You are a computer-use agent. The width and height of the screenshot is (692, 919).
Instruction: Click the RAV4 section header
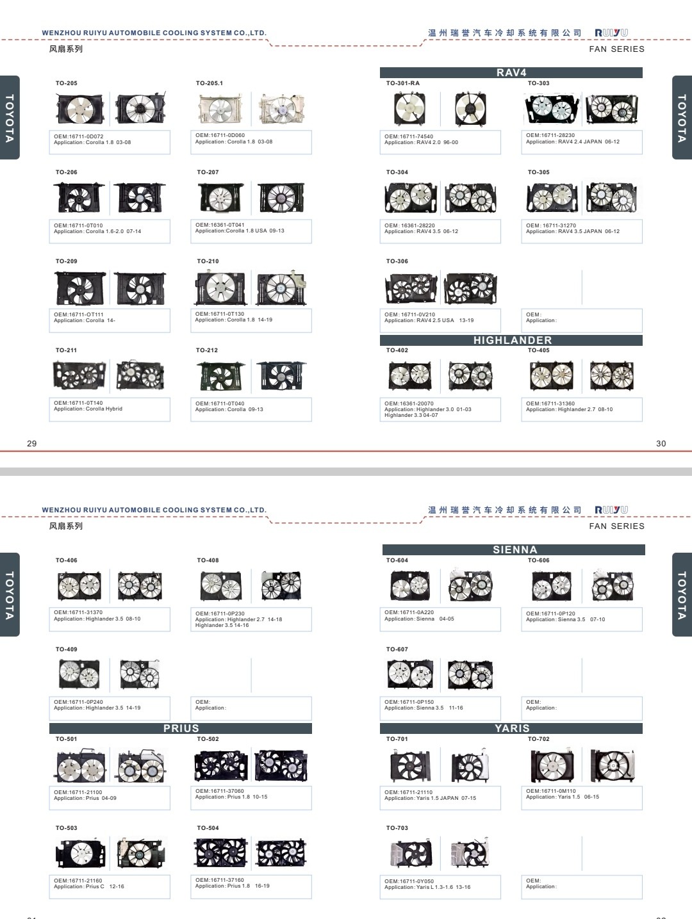511,72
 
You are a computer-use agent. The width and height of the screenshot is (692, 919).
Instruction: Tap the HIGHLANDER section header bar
511,341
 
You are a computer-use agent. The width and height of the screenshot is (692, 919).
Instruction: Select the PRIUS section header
181,729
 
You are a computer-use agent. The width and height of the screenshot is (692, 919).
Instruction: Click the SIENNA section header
514,549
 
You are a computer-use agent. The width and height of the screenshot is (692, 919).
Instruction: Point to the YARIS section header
511,729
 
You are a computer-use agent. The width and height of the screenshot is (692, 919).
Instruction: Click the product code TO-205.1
210,83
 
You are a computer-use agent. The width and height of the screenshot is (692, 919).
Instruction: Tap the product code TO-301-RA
402,83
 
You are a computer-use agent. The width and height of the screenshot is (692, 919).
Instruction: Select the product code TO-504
208,827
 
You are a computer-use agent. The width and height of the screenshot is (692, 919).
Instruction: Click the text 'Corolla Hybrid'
104,409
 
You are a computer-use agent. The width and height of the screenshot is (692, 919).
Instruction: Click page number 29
32,443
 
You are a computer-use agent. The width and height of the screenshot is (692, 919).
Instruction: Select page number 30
661,443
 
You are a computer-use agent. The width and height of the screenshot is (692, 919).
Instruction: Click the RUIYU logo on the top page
611,33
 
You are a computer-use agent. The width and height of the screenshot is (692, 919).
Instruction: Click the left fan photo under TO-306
411,288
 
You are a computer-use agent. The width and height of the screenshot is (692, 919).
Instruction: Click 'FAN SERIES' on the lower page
616,526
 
